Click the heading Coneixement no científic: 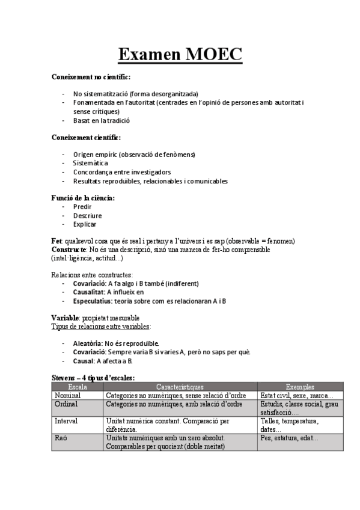91,78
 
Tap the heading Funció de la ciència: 83,197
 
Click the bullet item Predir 82,206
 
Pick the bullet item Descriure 88,215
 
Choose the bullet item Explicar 85,224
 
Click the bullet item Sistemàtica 91,163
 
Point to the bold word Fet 56,241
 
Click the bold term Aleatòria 88,343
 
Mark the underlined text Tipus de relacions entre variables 102,326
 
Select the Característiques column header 180,387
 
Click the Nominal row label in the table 68,395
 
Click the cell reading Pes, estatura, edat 289,438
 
